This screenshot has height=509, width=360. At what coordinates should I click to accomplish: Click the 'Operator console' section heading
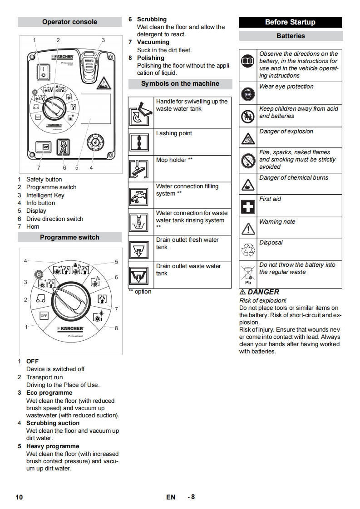(x=69, y=22)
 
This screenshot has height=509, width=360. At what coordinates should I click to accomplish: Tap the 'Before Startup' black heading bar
(x=290, y=22)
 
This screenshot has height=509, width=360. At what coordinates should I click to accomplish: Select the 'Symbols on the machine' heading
(x=180, y=83)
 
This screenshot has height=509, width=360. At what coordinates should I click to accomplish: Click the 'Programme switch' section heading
(x=69, y=237)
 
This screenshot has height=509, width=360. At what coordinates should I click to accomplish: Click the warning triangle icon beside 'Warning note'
(x=248, y=228)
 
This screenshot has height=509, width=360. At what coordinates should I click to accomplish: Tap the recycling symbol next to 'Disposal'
(x=248, y=250)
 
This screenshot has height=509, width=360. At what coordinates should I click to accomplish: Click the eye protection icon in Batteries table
(x=248, y=93)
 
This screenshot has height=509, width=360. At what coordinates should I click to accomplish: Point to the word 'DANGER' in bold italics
(x=263, y=292)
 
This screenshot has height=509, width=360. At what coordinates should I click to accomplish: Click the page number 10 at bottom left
(x=19, y=497)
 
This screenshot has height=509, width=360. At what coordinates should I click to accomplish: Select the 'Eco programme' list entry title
(x=49, y=393)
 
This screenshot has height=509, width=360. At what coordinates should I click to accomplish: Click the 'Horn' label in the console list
(x=33, y=227)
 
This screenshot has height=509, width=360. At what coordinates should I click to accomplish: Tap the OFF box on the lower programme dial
(x=44, y=315)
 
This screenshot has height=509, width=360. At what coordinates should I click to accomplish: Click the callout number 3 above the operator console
(x=103, y=40)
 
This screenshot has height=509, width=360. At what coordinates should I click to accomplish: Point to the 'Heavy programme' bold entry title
(x=52, y=446)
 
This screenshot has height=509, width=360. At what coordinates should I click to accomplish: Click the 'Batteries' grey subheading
(x=291, y=36)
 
